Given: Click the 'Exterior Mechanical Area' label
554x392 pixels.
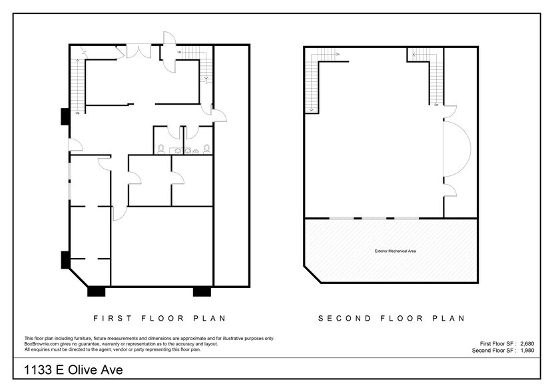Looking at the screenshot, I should pyautogui.click(x=391, y=251).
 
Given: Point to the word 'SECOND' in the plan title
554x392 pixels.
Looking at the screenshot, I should pyautogui.click(x=344, y=319).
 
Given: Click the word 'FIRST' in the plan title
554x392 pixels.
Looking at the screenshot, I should pyautogui.click(x=107, y=319).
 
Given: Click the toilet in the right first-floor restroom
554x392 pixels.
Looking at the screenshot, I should pyautogui.click(x=207, y=149).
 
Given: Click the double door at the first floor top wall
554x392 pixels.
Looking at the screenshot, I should pyautogui.click(x=139, y=51).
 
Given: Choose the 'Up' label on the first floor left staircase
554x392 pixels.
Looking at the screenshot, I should pyautogui.click(x=78, y=113).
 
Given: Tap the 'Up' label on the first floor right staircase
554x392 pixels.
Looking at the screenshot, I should pyautogui.click(x=180, y=51).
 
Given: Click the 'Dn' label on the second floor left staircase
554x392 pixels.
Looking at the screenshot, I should pyautogui.click(x=338, y=54).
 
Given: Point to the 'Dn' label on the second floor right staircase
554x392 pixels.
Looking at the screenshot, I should pyautogui.click(x=436, y=105).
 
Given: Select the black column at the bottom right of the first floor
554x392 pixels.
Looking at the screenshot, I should pyautogui.click(x=202, y=291).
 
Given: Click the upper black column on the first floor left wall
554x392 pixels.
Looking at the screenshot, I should pyautogui.click(x=65, y=117).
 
